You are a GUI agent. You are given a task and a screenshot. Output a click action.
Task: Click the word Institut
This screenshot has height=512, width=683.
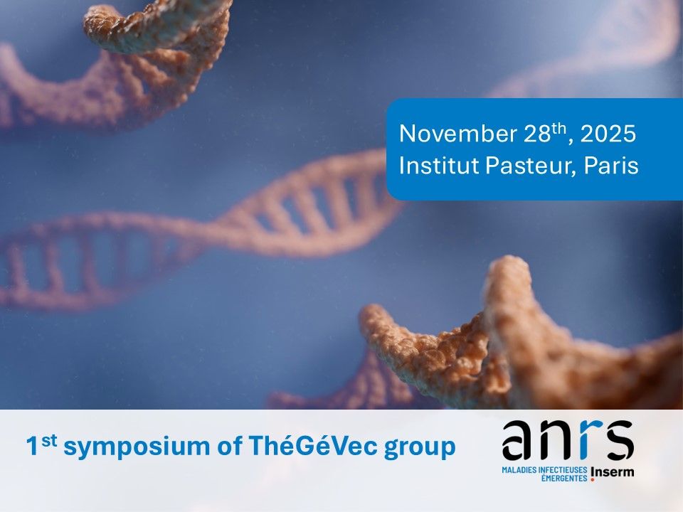click(439, 165)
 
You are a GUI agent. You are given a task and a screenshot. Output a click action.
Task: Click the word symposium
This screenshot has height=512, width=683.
click(137, 447)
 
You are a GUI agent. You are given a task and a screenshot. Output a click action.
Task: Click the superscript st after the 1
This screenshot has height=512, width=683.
click(50, 441)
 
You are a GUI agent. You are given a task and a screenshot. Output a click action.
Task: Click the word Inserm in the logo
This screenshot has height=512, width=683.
click(613, 472)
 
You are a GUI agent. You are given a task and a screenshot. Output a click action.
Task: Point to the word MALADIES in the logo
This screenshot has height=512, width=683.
click(519, 470)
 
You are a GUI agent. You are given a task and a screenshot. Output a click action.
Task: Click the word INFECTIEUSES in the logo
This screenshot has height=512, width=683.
click(563, 470)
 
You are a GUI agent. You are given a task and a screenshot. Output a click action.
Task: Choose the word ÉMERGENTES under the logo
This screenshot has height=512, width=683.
click(564, 478)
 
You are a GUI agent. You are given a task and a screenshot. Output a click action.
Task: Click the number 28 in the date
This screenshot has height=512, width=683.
click(538, 134)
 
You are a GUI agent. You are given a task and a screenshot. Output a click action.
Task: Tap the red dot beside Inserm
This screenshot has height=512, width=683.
click(593, 480)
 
